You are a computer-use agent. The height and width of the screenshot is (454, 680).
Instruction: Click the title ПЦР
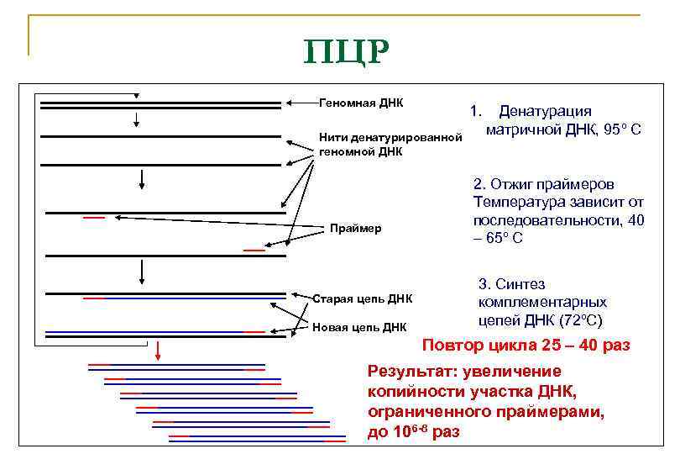coord(346,52)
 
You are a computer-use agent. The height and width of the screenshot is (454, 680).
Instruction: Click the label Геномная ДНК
coord(361,103)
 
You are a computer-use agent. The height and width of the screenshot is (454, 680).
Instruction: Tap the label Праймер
coord(356,228)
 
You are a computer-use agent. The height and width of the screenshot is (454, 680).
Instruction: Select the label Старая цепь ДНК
coord(362,298)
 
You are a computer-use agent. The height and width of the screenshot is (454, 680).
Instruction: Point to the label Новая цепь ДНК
coord(358,327)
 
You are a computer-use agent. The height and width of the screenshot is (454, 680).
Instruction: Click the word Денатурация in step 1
coord(546,111)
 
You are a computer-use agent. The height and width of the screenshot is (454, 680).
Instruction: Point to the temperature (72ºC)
coord(573,320)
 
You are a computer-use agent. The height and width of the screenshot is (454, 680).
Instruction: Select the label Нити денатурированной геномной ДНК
coord(390,144)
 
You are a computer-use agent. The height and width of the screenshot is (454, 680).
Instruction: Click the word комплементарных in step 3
coord(542,302)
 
